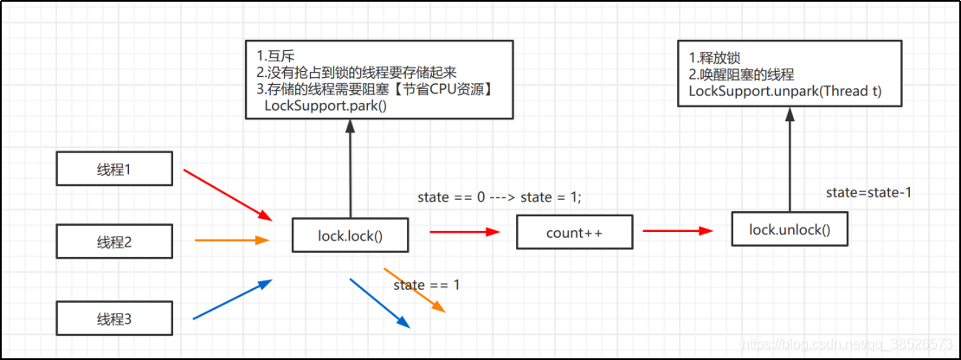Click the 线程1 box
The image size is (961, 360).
click(x=113, y=169)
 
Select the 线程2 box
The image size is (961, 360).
click(x=113, y=241)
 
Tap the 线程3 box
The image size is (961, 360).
click(x=113, y=319)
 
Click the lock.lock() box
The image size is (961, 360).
click(x=350, y=235)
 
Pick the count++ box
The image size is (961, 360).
click(x=574, y=232)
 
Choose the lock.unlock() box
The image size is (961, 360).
click(x=789, y=229)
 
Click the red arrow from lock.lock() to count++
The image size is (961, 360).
click(x=464, y=232)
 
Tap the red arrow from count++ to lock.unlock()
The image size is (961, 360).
click(x=678, y=231)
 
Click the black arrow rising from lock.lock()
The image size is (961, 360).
click(x=350, y=169)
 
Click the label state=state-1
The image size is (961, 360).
click(x=868, y=191)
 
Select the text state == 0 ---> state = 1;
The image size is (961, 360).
click(x=500, y=197)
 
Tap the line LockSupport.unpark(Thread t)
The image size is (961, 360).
click(x=785, y=91)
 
